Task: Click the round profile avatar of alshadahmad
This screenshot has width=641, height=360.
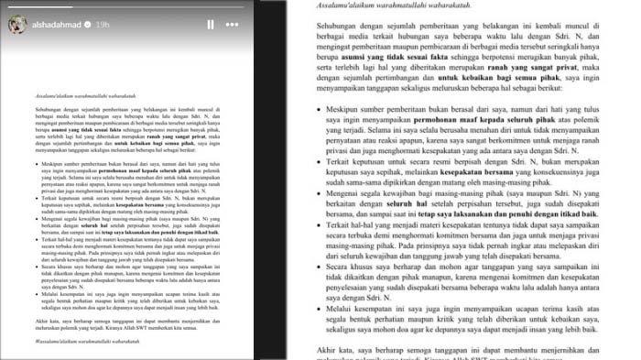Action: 17,25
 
